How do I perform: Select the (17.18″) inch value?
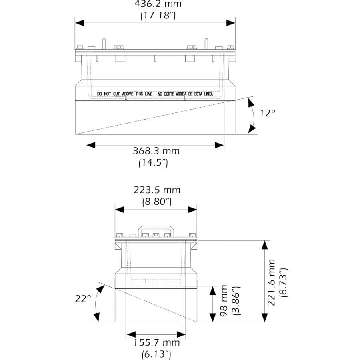pyautogui.click(x=158, y=16)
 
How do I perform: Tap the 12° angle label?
pyautogui.click(x=268, y=113)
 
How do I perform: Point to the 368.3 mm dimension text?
pyautogui.click(x=156, y=151)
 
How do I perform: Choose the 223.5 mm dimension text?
pyautogui.click(x=157, y=190)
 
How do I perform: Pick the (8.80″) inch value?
pyautogui.click(x=157, y=202)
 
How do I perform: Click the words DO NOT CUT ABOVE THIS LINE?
pyautogui.click(x=124, y=94)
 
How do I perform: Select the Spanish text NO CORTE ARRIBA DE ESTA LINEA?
pyautogui.click(x=185, y=94)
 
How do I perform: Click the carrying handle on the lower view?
pyautogui.click(x=156, y=228)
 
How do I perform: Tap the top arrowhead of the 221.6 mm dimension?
pyautogui.click(x=264, y=244)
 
